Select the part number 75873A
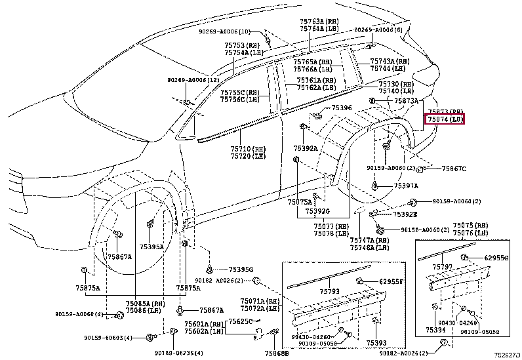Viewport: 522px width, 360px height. (x=407, y=101)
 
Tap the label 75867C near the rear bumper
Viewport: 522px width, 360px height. (x=453, y=169)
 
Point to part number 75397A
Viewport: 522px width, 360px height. (x=406, y=186)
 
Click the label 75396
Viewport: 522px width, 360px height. (x=341, y=108)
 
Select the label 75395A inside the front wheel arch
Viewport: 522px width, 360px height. (x=151, y=247)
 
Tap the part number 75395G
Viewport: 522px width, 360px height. (x=241, y=270)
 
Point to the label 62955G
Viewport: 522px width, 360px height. (x=496, y=258)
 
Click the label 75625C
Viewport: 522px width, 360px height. (x=240, y=321)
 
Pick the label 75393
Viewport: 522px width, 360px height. (x=376, y=342)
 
